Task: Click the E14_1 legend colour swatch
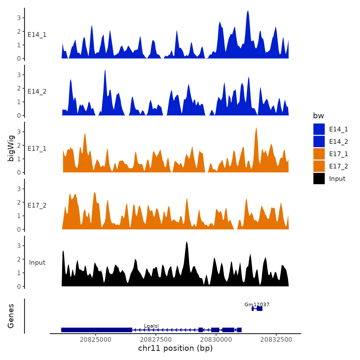coord(319,129)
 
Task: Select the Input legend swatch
coord(319,178)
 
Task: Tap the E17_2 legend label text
coord(338,166)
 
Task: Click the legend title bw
coord(318,116)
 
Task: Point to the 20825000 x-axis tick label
coord(96,339)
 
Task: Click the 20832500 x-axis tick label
coord(276,339)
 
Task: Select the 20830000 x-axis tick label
coord(216,339)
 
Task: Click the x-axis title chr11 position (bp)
coord(175,348)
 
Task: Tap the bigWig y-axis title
coord(11,148)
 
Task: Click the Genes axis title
coord(11,316)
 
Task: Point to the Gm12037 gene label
coord(257,305)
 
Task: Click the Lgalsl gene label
coord(151,326)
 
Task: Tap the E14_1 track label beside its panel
coord(37,35)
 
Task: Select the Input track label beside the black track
coord(37,263)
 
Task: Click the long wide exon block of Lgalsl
coord(96,330)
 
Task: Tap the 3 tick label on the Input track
coord(19,246)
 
